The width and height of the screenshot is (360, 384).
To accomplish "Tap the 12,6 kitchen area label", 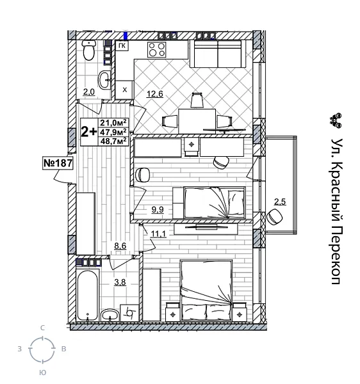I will pos(156,95).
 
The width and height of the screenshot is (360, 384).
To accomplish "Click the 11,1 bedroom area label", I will pos(159,233).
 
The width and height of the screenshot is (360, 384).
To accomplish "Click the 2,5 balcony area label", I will pos(280,203).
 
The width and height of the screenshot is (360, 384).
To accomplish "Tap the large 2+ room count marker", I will pos(89,132).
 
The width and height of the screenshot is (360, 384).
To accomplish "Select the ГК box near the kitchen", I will pos(123,46).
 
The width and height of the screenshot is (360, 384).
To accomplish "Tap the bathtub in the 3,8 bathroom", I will pos(88,291).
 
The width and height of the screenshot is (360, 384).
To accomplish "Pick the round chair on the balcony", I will pos(275,217).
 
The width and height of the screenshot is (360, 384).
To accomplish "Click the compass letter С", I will pos(43,328).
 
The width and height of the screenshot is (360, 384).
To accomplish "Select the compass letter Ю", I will pos(42,372).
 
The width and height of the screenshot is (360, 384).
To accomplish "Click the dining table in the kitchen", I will pos(197,119).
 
